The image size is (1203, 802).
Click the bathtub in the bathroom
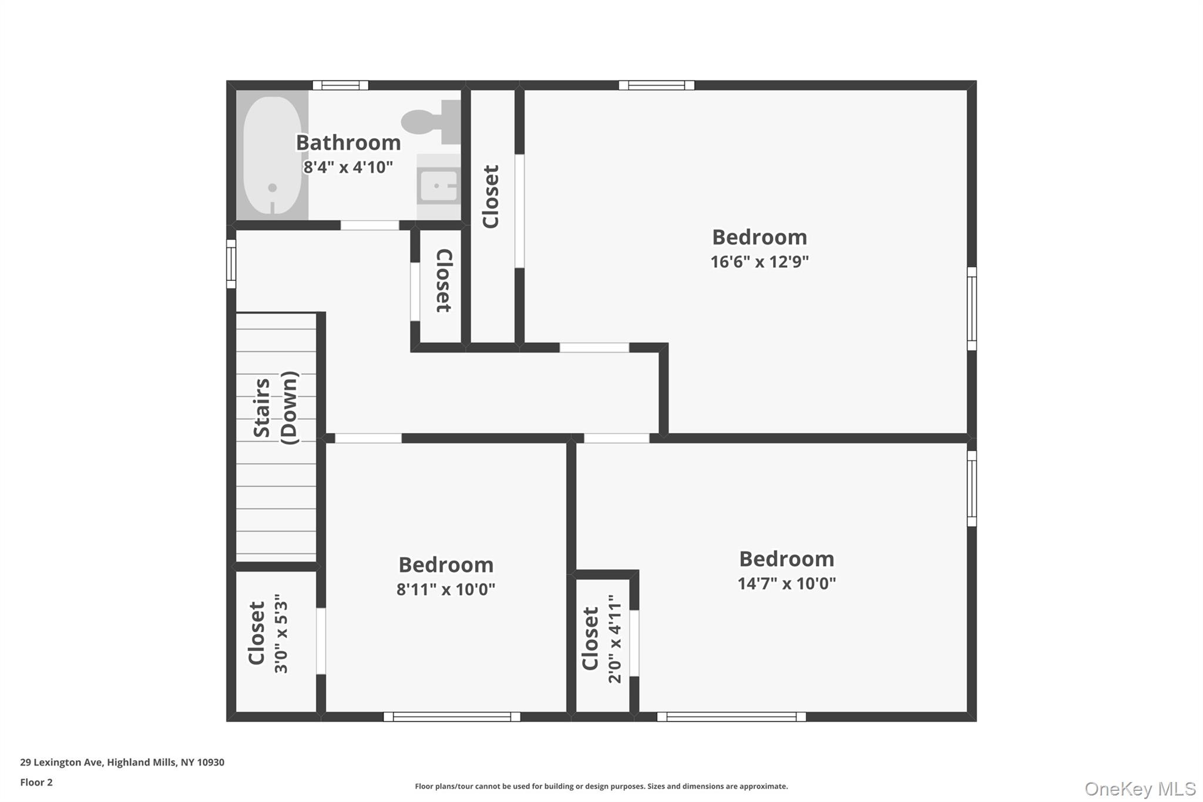coord(272,155)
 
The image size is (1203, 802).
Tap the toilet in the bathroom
coord(431,122)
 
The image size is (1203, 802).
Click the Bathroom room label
coord(348,143)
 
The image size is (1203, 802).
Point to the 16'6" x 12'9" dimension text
coord(760,261)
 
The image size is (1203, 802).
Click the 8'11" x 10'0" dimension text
coord(446,589)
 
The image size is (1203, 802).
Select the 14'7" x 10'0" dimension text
coord(787,583)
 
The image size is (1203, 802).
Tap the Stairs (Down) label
coord(275,408)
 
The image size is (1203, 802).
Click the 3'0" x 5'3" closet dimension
coord(281,633)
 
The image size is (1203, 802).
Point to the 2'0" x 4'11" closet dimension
coord(614,639)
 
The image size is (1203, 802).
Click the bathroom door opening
coord(370,225)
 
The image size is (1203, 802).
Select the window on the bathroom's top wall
coord(341,85)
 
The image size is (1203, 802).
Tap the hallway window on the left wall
coord(231,264)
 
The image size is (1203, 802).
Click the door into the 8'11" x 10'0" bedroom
coord(368,438)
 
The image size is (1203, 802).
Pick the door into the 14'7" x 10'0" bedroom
coord(617,438)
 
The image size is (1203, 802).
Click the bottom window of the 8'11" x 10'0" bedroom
coord(452,717)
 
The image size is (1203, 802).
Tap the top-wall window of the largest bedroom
coord(657,85)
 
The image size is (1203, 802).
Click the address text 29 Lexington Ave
coord(62,762)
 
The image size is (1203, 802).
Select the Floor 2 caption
coord(36,782)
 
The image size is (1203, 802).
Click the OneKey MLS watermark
coord(1140,788)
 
